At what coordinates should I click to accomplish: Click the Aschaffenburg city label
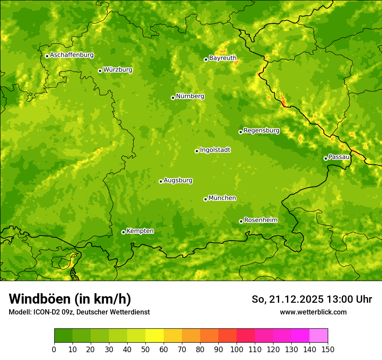pos(72,55)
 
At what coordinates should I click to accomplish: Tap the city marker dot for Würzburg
pos(100,71)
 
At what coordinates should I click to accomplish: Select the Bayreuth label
pos(223,58)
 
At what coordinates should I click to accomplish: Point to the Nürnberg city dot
pos(173,98)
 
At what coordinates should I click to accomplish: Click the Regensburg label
pos(261,131)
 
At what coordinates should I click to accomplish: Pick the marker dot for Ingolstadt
pos(197,151)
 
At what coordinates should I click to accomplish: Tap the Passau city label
pos(339,157)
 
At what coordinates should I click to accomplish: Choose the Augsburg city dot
pos(161,181)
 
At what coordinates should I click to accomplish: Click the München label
pos(222,198)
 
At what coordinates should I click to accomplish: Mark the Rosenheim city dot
pos(241,221)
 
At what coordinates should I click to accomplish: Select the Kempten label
pos(140,231)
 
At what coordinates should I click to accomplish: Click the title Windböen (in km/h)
pos(70,299)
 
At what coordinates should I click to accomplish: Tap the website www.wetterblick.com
pos(313,312)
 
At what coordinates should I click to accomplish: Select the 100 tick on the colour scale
pos(237,349)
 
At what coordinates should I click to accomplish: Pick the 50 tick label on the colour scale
pos(145,349)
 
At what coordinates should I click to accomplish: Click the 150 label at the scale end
pos(328,349)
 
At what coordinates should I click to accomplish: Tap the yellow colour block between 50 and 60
pos(155,336)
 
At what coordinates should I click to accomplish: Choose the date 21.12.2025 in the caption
pos(296,299)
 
